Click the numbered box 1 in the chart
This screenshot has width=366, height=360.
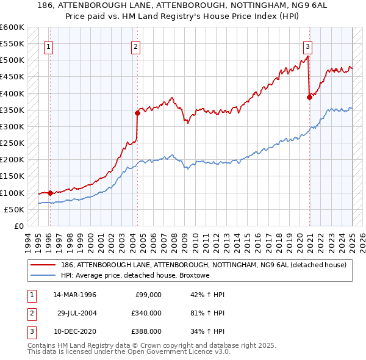[48, 46]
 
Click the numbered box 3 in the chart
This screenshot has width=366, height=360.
[308, 46]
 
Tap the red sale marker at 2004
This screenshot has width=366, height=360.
[137, 112]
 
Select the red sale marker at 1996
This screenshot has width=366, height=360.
[50, 193]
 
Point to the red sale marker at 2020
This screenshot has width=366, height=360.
[310, 96]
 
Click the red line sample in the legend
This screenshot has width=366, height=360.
[43, 265]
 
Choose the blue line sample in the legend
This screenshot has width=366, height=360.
[43, 276]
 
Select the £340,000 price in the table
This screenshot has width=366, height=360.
[147, 313]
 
